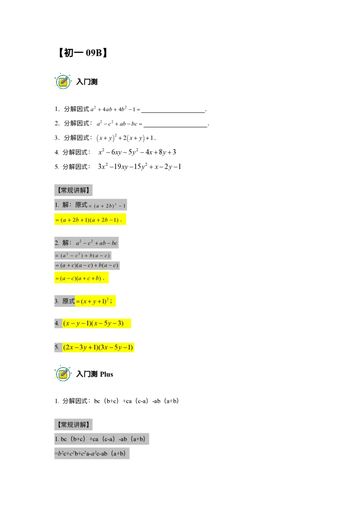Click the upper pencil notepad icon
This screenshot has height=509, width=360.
[63, 82]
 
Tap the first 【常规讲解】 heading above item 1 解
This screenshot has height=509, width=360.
[74, 190]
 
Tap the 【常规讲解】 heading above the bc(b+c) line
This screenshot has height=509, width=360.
[74, 424]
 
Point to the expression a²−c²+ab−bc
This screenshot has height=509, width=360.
[97, 243]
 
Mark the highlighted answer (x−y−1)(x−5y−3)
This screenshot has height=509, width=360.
[94, 323]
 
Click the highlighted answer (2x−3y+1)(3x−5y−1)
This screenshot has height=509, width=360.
[99, 347]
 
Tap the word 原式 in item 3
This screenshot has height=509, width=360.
[68, 301]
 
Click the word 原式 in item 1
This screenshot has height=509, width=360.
[81, 205]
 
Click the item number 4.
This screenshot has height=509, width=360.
[57, 323]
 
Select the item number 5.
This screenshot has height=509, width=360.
[57, 347]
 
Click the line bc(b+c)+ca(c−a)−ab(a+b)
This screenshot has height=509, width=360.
[103, 439]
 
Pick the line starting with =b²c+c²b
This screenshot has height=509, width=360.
[93, 453]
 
